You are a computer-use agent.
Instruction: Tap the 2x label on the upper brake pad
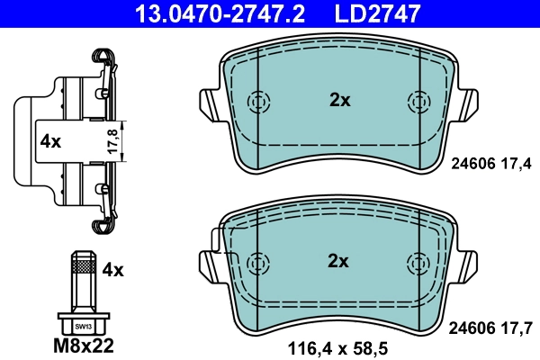tap(338, 101)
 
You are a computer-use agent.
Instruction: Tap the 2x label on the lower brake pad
tap(338, 262)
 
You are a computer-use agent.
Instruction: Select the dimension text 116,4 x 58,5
tap(339, 346)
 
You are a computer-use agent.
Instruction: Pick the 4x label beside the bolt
tap(113, 268)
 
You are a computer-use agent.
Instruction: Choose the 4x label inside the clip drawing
tap(49, 141)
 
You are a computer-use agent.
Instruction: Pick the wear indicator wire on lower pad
tap(216, 241)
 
